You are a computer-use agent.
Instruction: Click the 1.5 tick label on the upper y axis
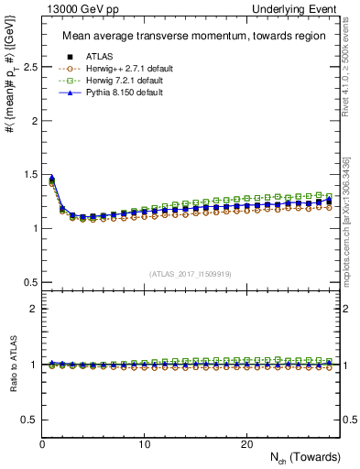pos(29,175)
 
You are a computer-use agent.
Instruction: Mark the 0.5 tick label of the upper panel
pos(29,281)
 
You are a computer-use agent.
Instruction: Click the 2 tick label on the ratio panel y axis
pos(33,309)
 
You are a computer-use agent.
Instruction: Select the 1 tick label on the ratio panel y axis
pos(33,365)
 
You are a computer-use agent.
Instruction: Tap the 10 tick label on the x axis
pos(144,444)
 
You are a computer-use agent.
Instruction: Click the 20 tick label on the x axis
pos(245,444)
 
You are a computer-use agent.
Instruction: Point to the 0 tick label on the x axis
pos(42,444)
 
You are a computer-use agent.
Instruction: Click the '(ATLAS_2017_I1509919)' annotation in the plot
pos(190,273)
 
